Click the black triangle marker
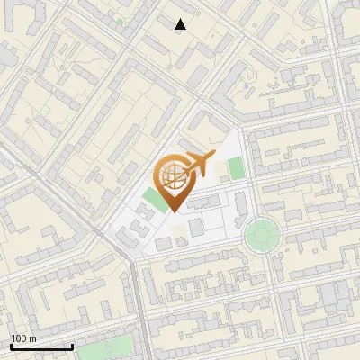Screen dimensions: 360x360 point(181,24)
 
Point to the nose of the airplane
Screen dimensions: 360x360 point(213,156)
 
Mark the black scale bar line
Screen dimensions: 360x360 point(41,346)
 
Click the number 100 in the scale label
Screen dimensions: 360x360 point(19,338)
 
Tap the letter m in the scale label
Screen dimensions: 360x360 point(31,338)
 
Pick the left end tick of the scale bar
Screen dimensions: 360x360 point(11,345)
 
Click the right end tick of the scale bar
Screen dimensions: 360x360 point(72,345)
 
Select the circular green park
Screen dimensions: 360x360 point(262,235)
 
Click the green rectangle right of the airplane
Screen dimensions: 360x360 point(236,168)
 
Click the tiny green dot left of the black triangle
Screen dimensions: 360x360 point(120,20)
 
